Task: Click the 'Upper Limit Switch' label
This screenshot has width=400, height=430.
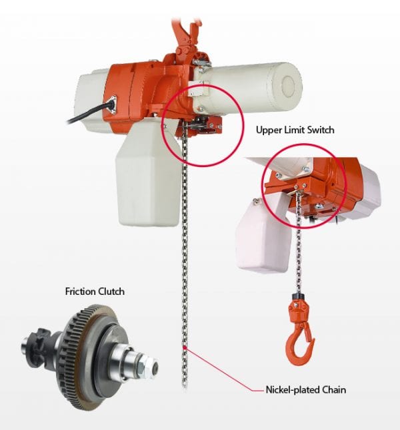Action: click(x=295, y=130)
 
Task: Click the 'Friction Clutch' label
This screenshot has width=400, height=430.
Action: click(x=93, y=291)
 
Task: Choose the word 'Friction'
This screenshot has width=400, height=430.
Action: click(x=79, y=291)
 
